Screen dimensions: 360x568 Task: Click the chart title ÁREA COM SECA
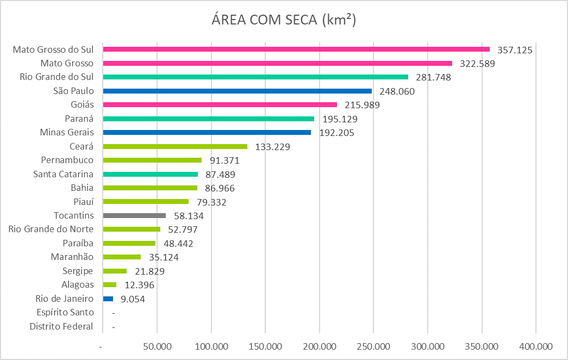283,20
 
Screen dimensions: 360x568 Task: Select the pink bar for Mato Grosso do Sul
296,49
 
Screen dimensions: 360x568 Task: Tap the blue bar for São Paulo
237,91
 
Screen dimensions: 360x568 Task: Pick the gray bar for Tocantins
134,215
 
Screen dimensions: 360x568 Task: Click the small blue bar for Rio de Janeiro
108,299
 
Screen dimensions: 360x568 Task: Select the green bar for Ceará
175,146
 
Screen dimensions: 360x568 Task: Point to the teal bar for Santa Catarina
151,174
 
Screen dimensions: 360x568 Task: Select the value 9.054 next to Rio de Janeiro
132,299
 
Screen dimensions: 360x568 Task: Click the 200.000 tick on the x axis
319,346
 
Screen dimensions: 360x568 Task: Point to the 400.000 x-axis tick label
535,346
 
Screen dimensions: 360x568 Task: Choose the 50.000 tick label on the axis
157,346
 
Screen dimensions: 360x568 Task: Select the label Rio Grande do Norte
51,229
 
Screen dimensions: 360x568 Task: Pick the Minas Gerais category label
67,132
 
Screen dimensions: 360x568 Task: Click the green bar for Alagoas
109,284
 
